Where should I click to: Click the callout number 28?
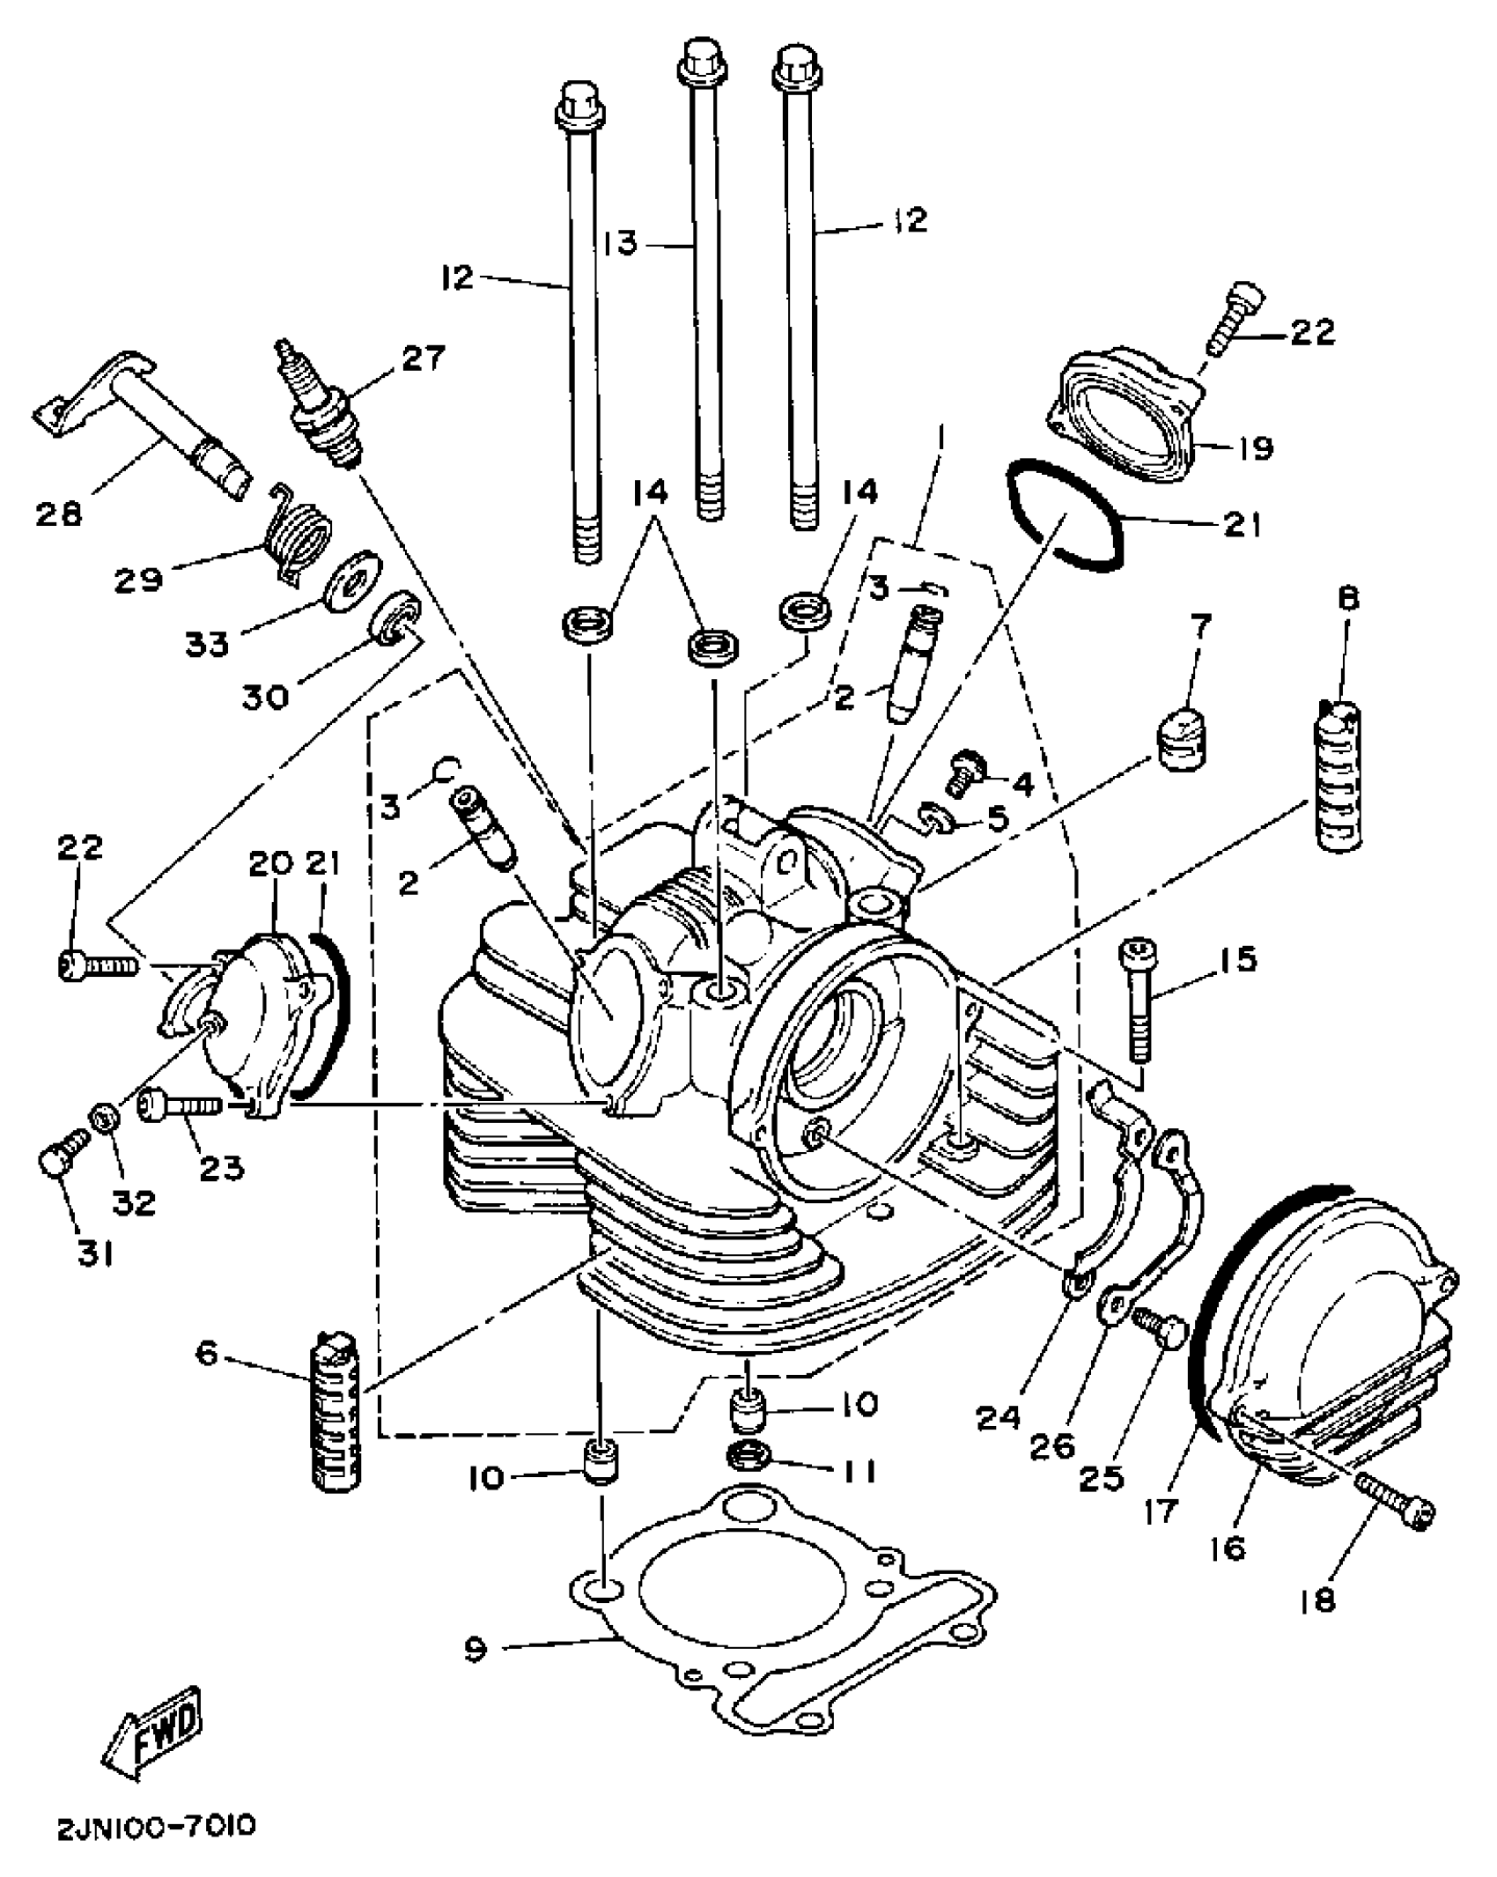click(x=59, y=513)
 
